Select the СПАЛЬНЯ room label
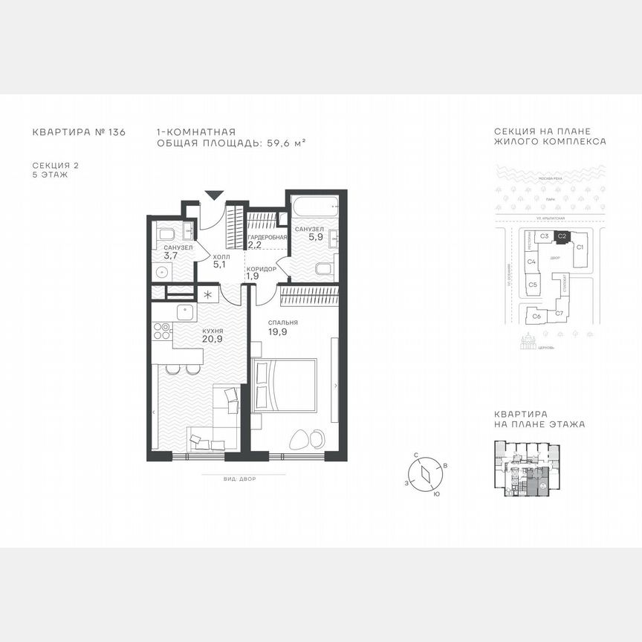285,322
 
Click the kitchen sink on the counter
184,312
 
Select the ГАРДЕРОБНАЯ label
267,236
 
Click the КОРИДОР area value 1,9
252,276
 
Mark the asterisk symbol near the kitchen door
208,294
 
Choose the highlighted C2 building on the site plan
562,236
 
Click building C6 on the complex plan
536,316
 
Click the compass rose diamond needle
424,473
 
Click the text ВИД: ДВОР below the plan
239,479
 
